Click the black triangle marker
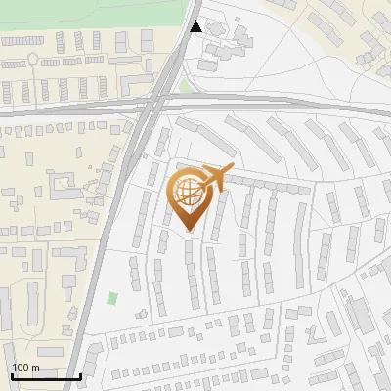click(x=196, y=26)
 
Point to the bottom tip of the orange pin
click(x=189, y=231)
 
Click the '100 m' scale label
click(x=25, y=368)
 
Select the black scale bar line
click(x=45, y=376)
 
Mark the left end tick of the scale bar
click(x=11, y=374)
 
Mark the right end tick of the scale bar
click(x=80, y=374)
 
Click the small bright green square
click(x=112, y=297)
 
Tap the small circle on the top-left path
click(x=32, y=59)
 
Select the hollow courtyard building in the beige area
click(x=63, y=181)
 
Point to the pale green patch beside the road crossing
click(x=185, y=86)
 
